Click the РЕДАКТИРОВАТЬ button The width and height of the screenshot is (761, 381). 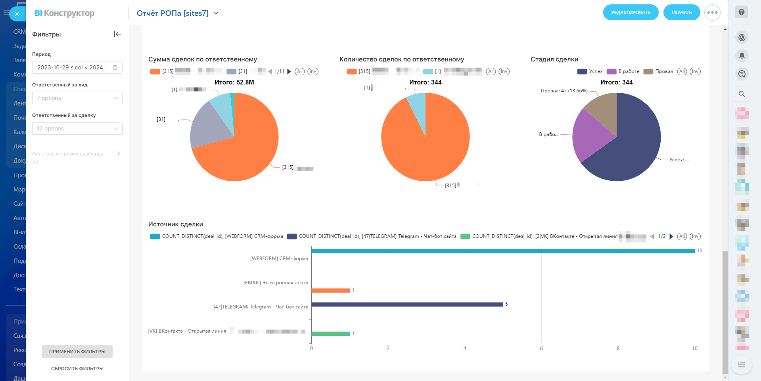pyautogui.click(x=631, y=13)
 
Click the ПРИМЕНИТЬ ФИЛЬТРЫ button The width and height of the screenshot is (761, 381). pyautogui.click(x=77, y=352)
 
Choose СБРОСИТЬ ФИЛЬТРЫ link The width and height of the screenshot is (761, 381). pyautogui.click(x=77, y=369)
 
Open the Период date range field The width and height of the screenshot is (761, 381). pyautogui.click(x=77, y=67)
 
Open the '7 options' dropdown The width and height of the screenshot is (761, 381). pyautogui.click(x=77, y=98)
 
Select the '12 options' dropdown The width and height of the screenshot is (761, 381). pyautogui.click(x=77, y=128)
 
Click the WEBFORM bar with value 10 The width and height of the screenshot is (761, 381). pyautogui.click(x=503, y=251)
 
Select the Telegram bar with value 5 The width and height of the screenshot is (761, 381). pyautogui.click(x=407, y=304)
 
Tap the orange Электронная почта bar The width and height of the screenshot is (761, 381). pyautogui.click(x=330, y=291)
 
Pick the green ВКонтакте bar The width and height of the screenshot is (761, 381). pyautogui.click(x=330, y=334)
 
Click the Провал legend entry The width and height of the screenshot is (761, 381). pyautogui.click(x=659, y=71)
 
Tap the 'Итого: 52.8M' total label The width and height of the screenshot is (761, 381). pyautogui.click(x=234, y=82)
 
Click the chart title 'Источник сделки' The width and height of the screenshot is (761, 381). pyautogui.click(x=176, y=224)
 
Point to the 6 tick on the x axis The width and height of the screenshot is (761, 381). pyautogui.click(x=541, y=348)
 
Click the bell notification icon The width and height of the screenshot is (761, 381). pyautogui.click(x=742, y=56)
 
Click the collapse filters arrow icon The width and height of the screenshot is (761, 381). pyautogui.click(x=117, y=34)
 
